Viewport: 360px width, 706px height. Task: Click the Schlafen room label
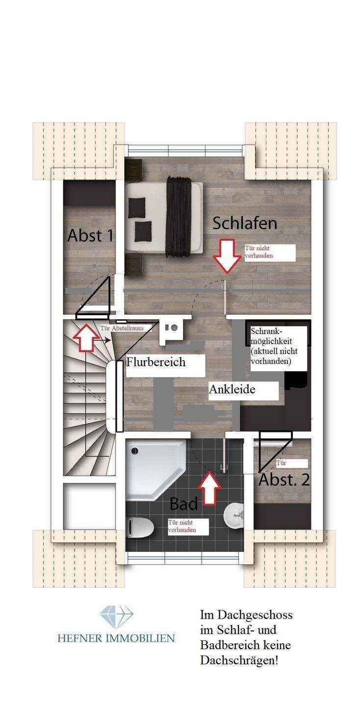click(x=245, y=224)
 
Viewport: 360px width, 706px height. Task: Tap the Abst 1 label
click(x=91, y=235)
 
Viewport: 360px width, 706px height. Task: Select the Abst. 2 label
click(x=284, y=479)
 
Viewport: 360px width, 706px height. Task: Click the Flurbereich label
click(x=156, y=362)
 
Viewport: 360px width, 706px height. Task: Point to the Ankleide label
click(x=232, y=390)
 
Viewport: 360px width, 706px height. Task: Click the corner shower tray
click(x=152, y=466)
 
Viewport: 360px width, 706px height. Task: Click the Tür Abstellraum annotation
click(x=122, y=328)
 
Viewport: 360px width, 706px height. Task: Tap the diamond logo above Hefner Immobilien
click(x=117, y=617)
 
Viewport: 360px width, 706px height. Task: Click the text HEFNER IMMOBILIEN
click(x=116, y=638)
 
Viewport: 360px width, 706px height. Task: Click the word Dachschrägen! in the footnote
click(x=239, y=660)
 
